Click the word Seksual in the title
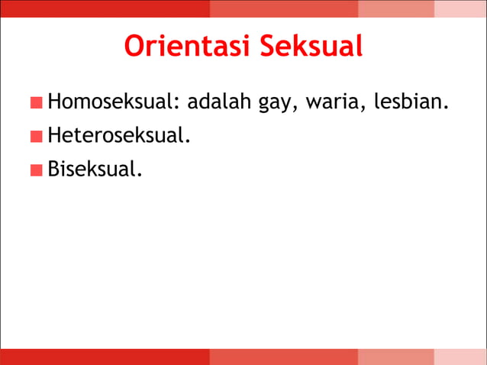[311, 46]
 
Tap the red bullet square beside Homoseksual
[37, 102]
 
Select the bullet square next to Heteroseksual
[37, 137]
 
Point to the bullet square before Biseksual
[37, 170]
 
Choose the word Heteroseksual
[118, 135]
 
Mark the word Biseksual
[95, 168]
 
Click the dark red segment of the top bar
[105, 8]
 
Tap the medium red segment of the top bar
[284, 8]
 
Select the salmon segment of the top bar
[396, 8]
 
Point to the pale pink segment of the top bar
[460, 8]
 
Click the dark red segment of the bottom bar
[105, 357]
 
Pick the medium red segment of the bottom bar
[284, 357]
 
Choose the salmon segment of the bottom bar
[396, 357]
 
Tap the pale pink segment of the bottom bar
[460, 357]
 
